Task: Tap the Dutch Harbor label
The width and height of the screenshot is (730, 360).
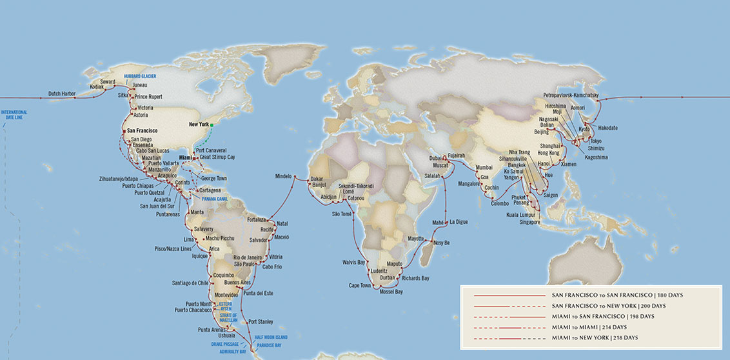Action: (64, 94)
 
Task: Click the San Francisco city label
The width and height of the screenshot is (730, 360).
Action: (142, 130)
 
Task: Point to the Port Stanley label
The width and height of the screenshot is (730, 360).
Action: (261, 321)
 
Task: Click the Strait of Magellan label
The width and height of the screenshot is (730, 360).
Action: (228, 317)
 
